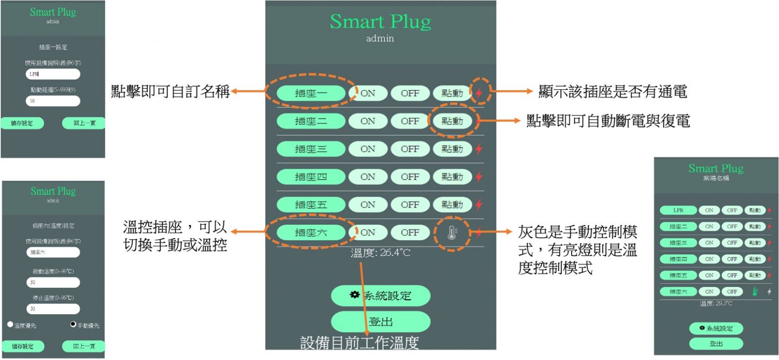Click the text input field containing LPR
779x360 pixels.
coord(53,74)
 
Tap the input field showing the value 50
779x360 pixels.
coord(53,282)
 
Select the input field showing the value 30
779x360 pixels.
coord(53,309)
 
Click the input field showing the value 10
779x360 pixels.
coord(53,101)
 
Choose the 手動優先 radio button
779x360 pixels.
coord(73,324)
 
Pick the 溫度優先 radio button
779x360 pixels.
coord(10,324)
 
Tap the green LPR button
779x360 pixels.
coord(678,210)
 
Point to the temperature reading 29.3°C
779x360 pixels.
coord(716,303)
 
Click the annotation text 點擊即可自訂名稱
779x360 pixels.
coord(170,91)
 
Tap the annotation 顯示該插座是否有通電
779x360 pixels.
coord(612,91)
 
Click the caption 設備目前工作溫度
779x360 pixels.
coord(359,343)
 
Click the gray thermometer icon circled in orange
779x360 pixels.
coord(452,233)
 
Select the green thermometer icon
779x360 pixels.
coord(755,292)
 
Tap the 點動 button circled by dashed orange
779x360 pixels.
coord(452,121)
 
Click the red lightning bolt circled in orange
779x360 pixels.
coord(480,92)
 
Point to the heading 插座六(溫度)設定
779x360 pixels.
coord(53,226)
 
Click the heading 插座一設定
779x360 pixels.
coord(53,47)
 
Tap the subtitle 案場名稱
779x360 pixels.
coord(716,178)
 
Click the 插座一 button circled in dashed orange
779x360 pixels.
coord(311,93)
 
